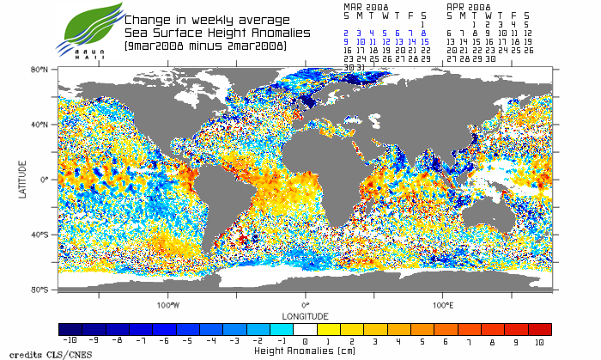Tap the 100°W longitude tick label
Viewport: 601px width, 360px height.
pos(168,305)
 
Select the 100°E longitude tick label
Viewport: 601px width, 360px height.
pos(442,305)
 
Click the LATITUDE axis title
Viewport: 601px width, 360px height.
pos(22,180)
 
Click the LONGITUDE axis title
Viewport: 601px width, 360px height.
pos(305,314)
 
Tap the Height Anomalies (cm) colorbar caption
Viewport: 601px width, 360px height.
pos(305,351)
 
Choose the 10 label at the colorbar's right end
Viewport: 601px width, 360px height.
pos(540,341)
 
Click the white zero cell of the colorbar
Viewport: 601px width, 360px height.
pos(305,329)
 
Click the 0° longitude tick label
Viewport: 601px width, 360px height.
pos(305,305)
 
